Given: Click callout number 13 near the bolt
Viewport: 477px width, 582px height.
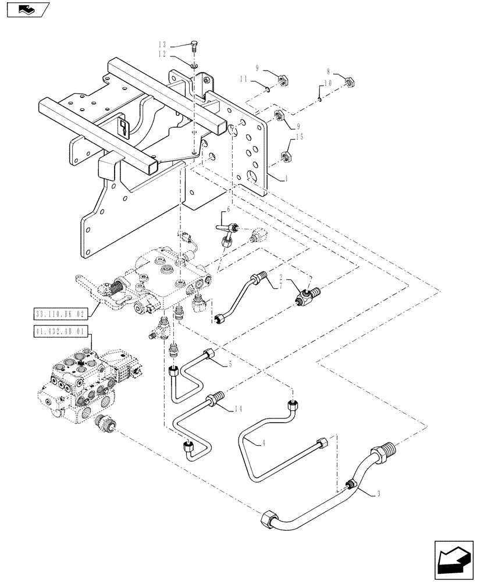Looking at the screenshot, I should [162, 45].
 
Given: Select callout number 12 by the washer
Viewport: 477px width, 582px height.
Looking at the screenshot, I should [162, 54].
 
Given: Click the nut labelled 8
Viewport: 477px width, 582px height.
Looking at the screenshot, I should [350, 82].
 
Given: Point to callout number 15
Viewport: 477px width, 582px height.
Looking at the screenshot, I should [300, 137].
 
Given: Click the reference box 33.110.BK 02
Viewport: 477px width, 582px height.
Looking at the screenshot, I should [60, 314].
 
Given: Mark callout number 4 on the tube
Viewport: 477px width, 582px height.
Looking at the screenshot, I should [264, 443].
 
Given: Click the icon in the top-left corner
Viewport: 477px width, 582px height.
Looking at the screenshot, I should [26, 10].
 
